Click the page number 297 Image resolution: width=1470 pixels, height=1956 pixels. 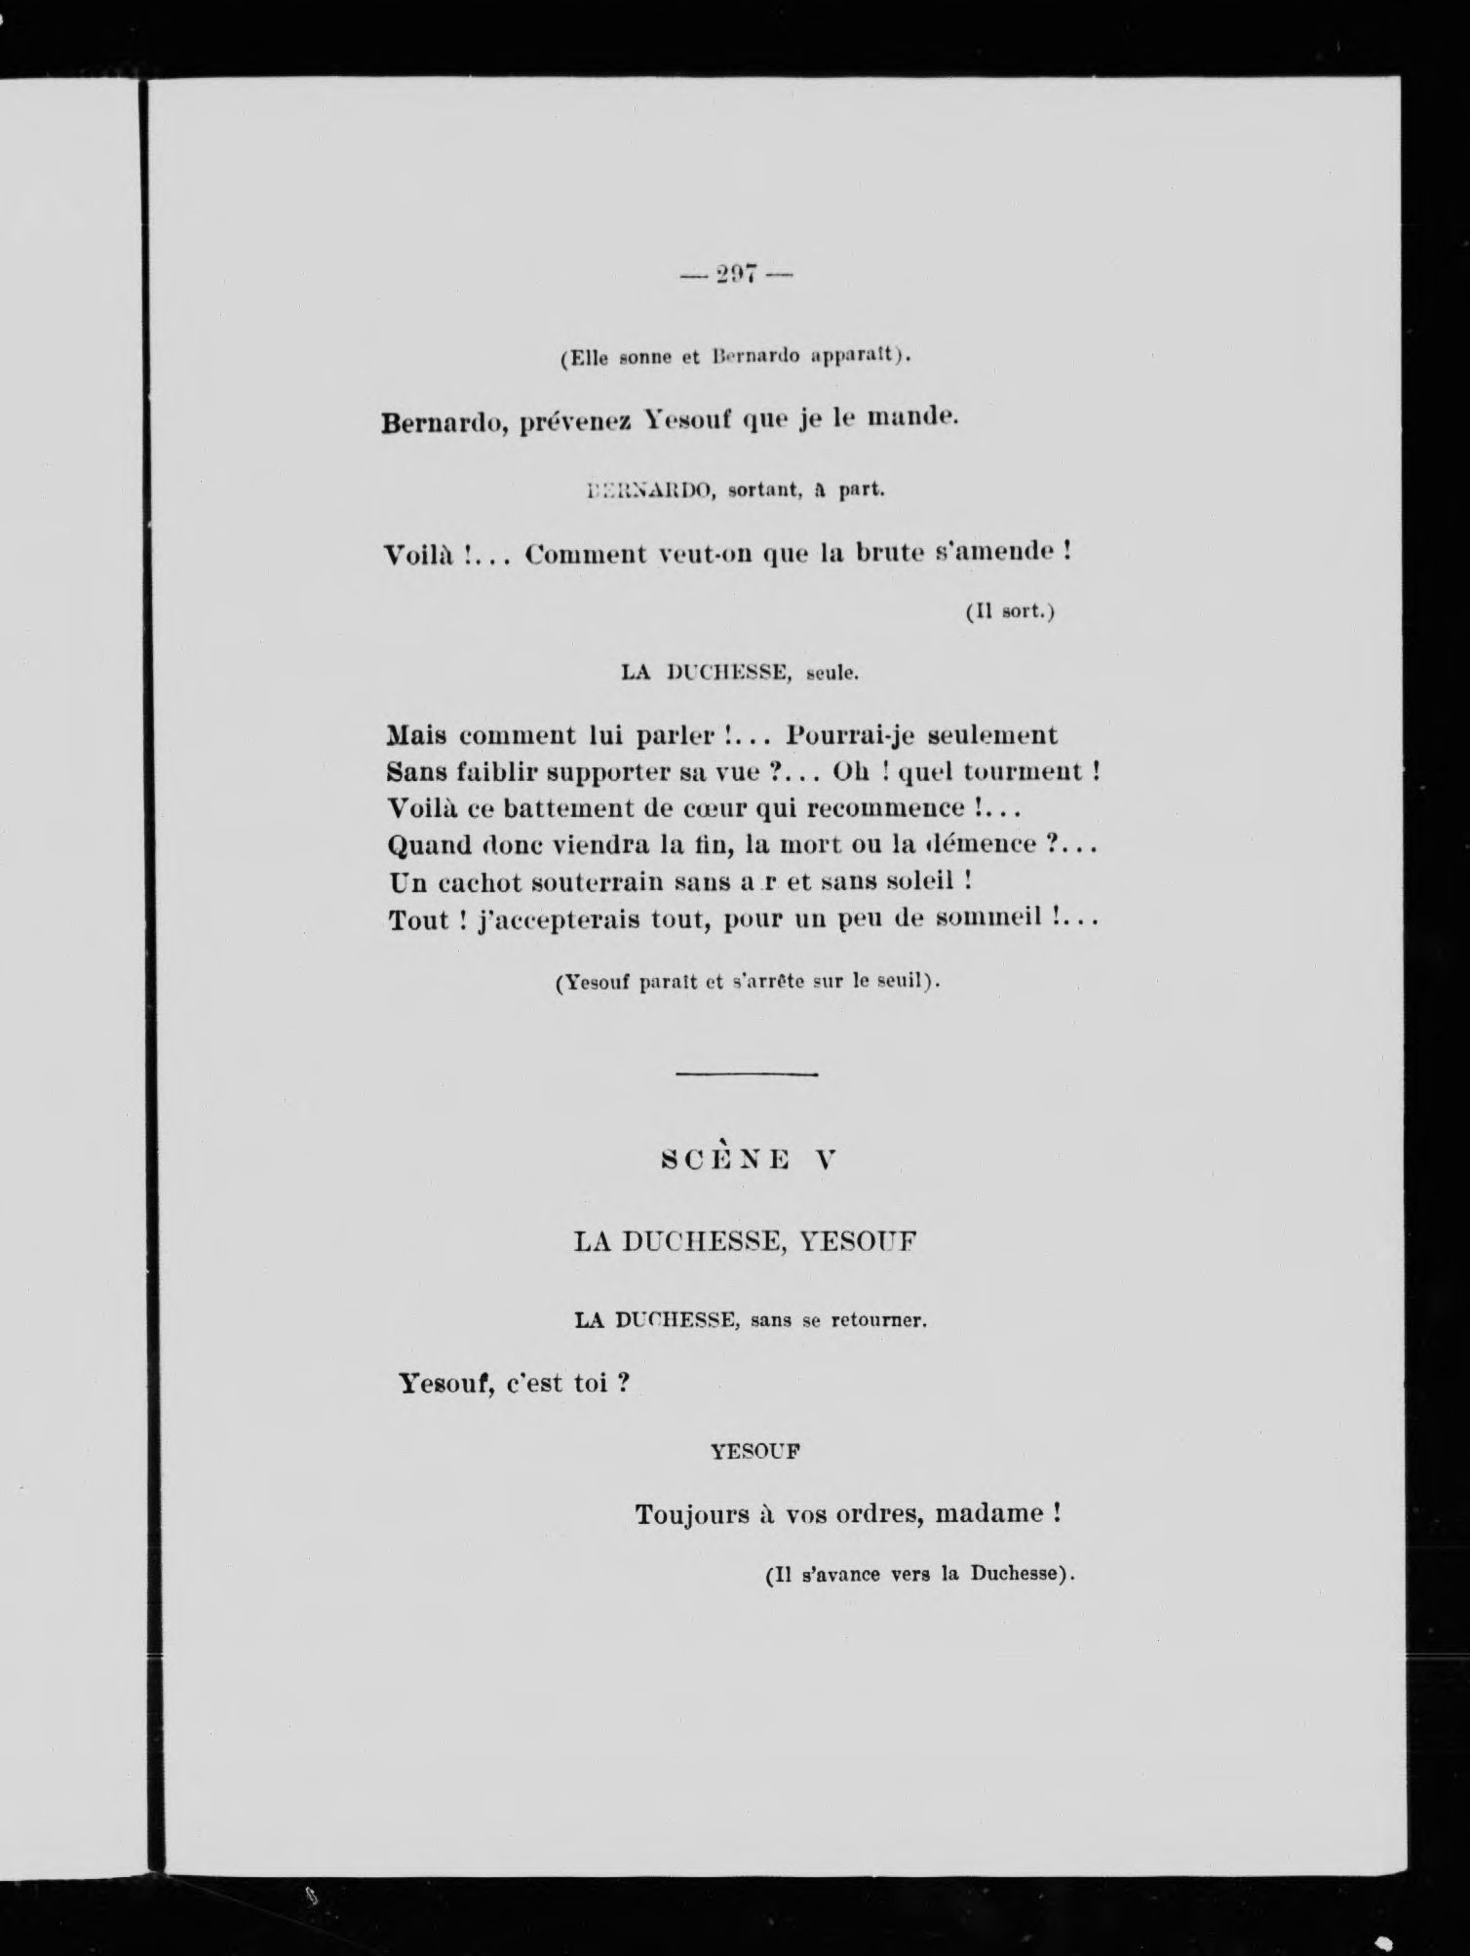(x=736, y=276)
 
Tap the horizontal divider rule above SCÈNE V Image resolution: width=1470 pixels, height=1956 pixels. (x=746, y=1075)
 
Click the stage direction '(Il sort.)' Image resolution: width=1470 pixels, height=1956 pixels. (x=1011, y=612)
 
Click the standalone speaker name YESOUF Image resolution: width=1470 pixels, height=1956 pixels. (x=755, y=1451)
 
